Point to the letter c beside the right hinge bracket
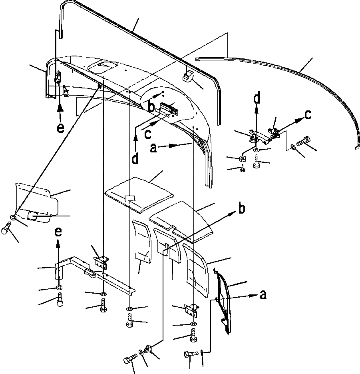[x=308, y=114]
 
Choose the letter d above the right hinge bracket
[x=258, y=98]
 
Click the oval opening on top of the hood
[x=102, y=66]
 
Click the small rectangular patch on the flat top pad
[x=130, y=198]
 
